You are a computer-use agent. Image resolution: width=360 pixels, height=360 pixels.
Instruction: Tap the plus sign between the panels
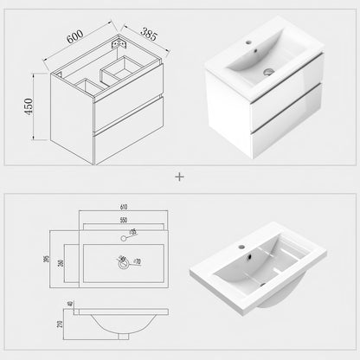pyautogui.click(x=180, y=177)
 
